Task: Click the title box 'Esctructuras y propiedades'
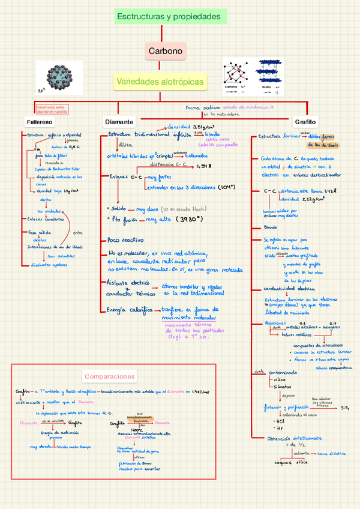coord(170,17)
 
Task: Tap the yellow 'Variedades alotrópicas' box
coord(169,81)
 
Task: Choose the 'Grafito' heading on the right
coord(305,122)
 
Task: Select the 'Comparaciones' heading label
coord(109,376)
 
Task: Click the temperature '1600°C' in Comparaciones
coord(136,430)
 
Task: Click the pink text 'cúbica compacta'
coord(218,145)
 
